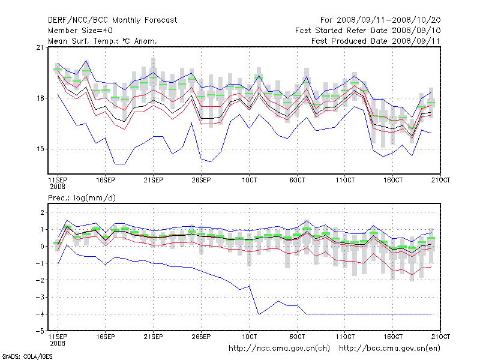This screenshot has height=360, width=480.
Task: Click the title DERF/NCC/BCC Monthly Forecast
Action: click(112, 20)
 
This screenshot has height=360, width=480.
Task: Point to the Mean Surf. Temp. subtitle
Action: click(102, 41)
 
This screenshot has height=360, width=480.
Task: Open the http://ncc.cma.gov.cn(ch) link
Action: click(280, 348)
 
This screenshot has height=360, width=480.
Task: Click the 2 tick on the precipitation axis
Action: click(42, 212)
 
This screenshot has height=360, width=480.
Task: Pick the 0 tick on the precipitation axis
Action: click(42, 246)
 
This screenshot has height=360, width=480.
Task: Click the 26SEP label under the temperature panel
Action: click(200, 179)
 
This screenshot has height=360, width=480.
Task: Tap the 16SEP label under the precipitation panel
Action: click(105, 337)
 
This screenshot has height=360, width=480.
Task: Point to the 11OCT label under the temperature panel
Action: click(345, 179)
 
